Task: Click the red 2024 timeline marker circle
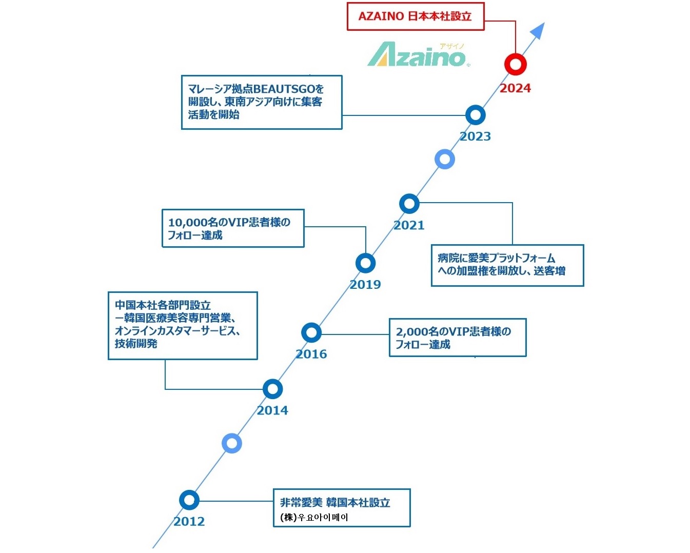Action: [515, 65]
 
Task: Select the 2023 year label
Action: [475, 136]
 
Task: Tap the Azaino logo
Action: [417, 55]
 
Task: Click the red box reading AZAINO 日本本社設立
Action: [415, 16]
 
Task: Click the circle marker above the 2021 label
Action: [409, 204]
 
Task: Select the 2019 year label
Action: [365, 285]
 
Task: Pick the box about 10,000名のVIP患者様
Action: [233, 228]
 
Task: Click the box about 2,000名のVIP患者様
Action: [458, 338]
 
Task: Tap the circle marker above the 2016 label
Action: [311, 333]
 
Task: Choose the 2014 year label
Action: [272, 410]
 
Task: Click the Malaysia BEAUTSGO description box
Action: [261, 102]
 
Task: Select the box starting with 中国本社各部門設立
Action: [182, 325]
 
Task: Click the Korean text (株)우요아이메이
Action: [314, 517]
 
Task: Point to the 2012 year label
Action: [189, 522]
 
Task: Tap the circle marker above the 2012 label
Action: [189, 500]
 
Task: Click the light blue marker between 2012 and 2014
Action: [232, 443]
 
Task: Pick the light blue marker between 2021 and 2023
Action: [444, 159]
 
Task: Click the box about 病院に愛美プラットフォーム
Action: [507, 265]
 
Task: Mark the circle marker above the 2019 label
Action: [365, 263]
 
